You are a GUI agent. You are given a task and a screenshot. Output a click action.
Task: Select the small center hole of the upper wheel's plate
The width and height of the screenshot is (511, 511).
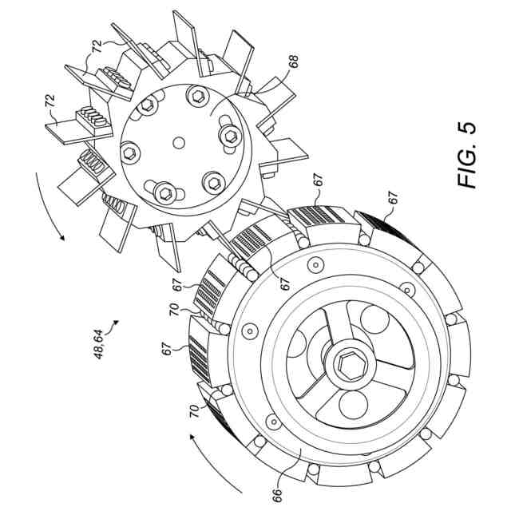coord(179,143)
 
